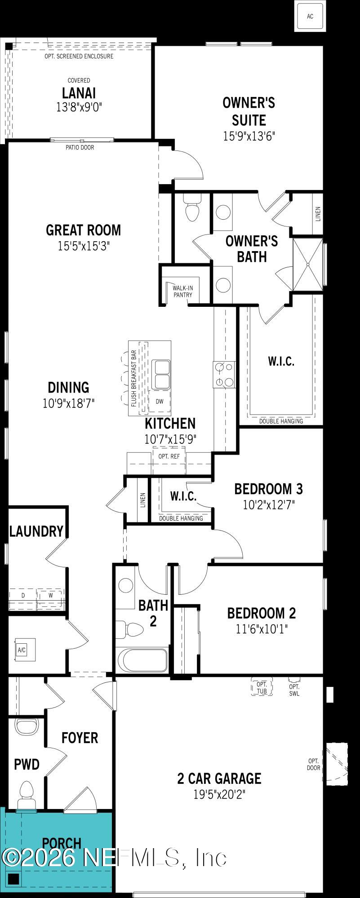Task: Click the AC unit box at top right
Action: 310,16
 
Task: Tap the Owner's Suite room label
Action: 249,111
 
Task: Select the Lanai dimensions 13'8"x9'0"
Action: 79,107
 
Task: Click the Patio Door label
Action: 80,147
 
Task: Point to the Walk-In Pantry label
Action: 182,291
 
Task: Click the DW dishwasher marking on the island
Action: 160,402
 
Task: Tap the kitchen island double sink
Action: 161,374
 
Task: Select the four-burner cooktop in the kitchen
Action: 224,375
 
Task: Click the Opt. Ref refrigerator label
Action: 169,456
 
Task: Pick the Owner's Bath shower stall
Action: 308,265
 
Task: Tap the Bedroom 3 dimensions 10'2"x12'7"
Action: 269,505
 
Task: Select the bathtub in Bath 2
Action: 141,660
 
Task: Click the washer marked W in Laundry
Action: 51,595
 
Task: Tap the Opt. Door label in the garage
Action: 314,764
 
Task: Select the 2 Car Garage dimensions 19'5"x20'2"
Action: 219,795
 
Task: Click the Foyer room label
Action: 80,738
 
